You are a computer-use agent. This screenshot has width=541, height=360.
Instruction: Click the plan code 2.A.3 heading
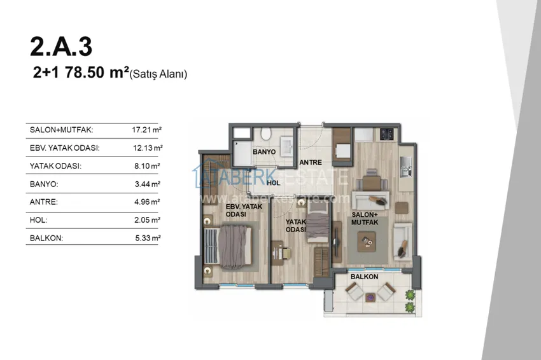tap(61, 46)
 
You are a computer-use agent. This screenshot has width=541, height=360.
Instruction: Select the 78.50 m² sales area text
tap(97, 73)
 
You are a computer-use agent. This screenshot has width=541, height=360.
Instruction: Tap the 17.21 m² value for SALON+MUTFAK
tap(146, 130)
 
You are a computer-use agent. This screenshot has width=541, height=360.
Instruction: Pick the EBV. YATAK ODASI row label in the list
tap(64, 148)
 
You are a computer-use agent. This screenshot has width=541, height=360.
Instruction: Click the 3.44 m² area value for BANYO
tap(147, 184)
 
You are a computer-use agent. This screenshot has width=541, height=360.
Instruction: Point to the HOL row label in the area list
tap(39, 220)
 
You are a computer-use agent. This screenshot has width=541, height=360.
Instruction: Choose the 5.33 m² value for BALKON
tap(148, 238)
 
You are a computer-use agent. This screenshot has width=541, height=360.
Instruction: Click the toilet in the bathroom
tap(265, 134)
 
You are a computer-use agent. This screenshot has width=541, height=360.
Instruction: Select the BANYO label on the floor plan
tap(264, 152)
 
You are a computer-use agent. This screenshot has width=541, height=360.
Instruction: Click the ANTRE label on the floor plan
tap(311, 162)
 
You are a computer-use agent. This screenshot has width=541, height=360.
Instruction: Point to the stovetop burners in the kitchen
tap(387, 134)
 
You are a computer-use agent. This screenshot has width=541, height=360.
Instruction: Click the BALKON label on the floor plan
tap(364, 277)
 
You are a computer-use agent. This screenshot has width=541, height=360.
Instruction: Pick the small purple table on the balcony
tap(370, 297)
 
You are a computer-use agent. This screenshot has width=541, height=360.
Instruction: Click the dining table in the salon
tap(371, 183)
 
